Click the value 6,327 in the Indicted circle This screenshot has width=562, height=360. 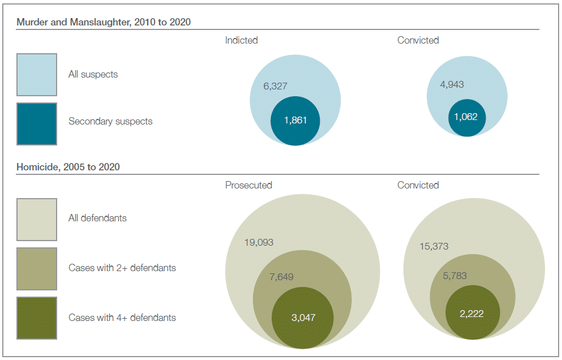pos(275,87)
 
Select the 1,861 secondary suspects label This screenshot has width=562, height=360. pos(295,121)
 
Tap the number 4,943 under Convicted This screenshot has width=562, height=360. pos(452,84)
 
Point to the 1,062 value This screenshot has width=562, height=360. pos(466,117)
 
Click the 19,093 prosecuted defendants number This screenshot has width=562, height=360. pos(259,242)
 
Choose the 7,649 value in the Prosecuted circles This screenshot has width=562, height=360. pos(281,277)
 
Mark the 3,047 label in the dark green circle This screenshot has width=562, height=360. pos(303,318)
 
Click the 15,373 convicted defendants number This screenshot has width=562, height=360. pos(434,246)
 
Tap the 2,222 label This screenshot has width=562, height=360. pos(472,313)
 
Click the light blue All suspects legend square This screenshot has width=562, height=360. pos(37,74)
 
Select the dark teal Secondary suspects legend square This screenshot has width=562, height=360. pos(37,123)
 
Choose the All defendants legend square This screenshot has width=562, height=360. pos(37,220)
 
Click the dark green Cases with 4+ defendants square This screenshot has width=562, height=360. pos(37,318)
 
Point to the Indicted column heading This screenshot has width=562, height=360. pos(241,40)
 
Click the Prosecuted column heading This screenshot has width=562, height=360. pos(248,185)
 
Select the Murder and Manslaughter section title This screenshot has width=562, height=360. pos(104,22)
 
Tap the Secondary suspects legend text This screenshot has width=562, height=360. pos(110,121)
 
